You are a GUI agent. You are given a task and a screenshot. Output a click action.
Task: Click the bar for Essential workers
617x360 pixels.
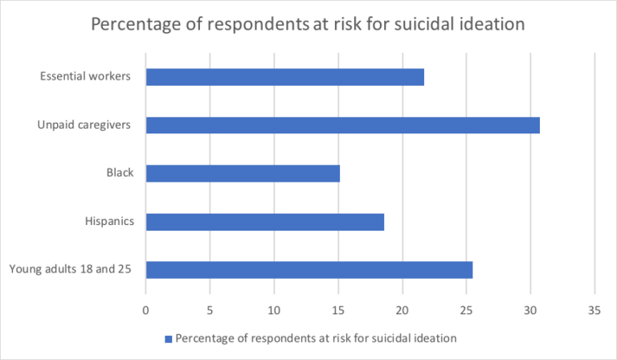point(284,77)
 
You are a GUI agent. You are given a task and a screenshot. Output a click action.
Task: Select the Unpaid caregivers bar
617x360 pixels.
point(342,125)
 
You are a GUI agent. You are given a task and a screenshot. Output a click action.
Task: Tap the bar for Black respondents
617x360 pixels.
point(243,173)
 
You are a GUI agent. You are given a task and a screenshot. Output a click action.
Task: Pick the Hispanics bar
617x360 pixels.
point(264,221)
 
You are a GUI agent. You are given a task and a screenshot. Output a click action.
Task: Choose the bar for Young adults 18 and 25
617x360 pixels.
point(308,269)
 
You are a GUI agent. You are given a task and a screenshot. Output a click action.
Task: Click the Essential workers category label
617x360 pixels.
point(86,77)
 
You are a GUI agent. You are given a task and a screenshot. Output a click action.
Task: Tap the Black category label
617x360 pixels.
point(120,173)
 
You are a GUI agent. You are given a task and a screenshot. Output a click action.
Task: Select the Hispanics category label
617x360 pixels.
point(108,221)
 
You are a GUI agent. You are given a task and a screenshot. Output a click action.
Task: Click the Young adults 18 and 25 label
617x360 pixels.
point(71,269)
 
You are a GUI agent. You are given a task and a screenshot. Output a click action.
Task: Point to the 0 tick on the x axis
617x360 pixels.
point(145,309)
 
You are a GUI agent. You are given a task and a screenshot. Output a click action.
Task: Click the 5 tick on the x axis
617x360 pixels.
point(210,309)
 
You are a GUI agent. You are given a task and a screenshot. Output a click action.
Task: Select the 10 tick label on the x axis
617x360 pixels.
point(274,309)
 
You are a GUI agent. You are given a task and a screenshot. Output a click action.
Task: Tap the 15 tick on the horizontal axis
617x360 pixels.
point(337,309)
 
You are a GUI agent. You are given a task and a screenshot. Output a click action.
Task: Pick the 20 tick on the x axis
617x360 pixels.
point(402,309)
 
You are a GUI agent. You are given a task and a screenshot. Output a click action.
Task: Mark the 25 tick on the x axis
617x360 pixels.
point(466,309)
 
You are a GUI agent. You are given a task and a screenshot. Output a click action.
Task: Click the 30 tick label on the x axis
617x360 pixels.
point(529,309)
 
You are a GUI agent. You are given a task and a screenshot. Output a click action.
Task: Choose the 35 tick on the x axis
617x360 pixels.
point(594,309)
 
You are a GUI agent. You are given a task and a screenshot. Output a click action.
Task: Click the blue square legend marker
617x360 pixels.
point(168,338)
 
